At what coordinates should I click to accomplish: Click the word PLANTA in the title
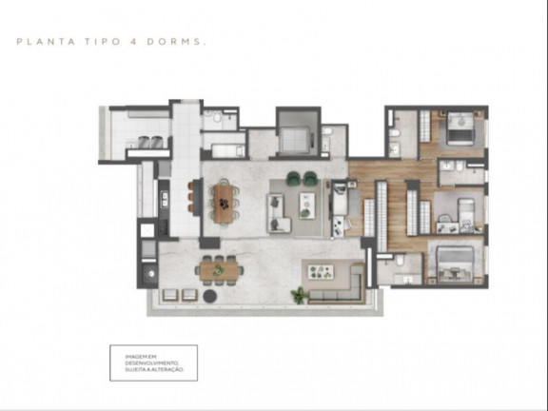(x=35, y=42)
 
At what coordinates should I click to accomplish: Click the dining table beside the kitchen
(x=226, y=202)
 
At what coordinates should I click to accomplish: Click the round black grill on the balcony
(x=148, y=278)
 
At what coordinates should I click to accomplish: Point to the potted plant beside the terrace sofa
(x=301, y=294)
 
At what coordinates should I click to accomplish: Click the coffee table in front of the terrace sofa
(x=327, y=270)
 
